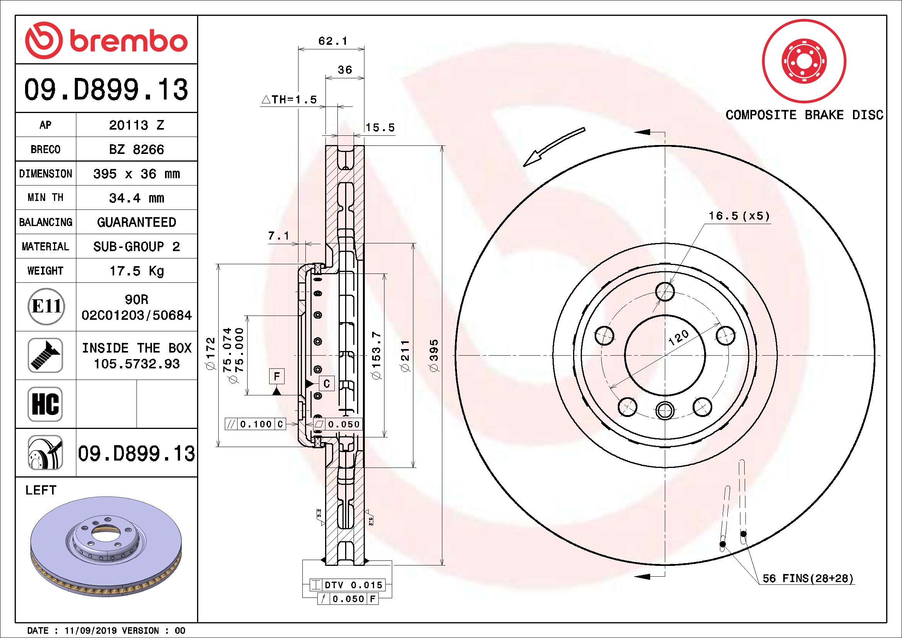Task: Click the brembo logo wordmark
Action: tap(128, 41)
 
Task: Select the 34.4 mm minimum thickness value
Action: tap(136, 198)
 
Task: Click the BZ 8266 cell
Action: tap(136, 149)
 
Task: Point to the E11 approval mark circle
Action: tap(46, 306)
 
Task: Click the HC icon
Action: tap(45, 404)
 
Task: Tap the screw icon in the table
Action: tap(45, 355)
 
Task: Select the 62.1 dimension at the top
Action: tap(333, 41)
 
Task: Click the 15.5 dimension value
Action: tap(380, 128)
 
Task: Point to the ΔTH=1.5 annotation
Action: tap(289, 100)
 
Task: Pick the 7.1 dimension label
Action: tap(278, 236)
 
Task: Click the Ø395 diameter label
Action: tap(434, 356)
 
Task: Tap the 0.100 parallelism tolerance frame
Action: tap(255, 424)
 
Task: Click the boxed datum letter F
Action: tap(277, 376)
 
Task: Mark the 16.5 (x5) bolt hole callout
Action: tap(739, 216)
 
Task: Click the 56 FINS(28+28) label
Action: tap(808, 578)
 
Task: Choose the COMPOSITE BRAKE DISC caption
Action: tap(804, 115)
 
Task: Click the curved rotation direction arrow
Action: tap(554, 147)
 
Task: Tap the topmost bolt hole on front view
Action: tap(665, 292)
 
